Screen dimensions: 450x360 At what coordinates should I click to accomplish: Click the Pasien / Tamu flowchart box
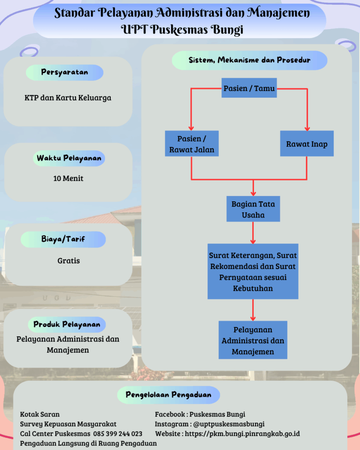coord(249,88)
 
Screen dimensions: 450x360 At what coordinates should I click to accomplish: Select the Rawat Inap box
coord(306,144)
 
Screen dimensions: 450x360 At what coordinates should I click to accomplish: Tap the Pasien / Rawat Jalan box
coord(192,144)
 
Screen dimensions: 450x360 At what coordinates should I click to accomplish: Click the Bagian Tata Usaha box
coord(253,210)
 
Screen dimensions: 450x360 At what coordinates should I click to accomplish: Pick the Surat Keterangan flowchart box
coord(253,272)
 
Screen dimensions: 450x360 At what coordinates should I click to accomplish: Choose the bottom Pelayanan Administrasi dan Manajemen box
coord(253,340)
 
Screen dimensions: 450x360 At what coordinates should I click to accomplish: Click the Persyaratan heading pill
coord(65,73)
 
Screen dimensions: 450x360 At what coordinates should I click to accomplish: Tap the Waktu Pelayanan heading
coord(69,158)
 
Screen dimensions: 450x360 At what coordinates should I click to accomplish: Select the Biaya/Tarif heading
coord(63,240)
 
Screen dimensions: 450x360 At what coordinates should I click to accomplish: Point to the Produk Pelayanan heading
coord(67,325)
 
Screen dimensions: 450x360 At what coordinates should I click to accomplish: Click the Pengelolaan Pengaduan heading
coord(168,395)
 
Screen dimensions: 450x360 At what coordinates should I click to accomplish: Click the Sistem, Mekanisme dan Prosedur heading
coord(249,60)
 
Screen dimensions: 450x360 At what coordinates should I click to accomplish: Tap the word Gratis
coord(69,261)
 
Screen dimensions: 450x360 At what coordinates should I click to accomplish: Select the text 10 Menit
coord(68,178)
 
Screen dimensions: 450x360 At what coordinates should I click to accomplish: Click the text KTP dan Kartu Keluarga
coord(68,98)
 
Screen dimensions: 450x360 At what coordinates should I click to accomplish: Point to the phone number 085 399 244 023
coord(117,434)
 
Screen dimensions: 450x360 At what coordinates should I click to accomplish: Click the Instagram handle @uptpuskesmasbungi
coord(229,424)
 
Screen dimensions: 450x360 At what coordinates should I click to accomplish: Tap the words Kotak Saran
coord(40,414)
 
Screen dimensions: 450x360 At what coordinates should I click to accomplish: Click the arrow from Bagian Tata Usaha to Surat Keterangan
coord(253,232)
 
